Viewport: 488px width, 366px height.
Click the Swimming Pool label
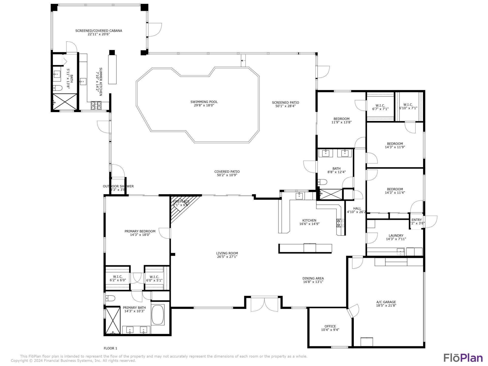tap(204, 102)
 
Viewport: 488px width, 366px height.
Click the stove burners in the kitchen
tap(340, 223)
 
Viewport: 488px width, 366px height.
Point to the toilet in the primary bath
tap(110, 298)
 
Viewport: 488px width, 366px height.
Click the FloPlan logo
tap(463, 358)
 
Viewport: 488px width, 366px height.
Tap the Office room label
tap(330, 326)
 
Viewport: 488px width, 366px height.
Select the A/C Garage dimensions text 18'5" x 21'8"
tap(386, 306)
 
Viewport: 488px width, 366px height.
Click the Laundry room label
tap(396, 236)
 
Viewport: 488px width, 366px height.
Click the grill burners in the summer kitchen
tap(96, 105)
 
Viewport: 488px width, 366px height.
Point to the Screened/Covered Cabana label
tap(99, 31)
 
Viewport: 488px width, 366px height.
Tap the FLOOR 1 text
tap(110, 348)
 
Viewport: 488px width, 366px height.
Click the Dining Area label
tap(313, 278)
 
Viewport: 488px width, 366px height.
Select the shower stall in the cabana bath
tap(65, 102)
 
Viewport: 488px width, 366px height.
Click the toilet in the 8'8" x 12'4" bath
tap(322, 182)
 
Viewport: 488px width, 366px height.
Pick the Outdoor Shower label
tap(118, 186)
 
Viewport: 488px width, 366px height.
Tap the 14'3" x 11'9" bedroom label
tap(395, 144)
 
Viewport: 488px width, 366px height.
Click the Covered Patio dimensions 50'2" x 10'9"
tap(227, 175)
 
